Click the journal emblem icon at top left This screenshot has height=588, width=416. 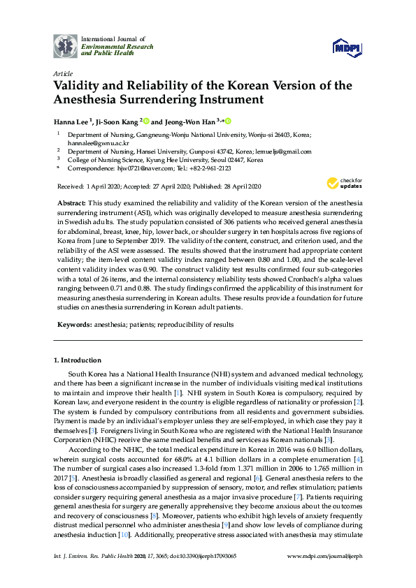(x=66, y=45)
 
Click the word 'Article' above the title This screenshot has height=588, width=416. (x=62, y=73)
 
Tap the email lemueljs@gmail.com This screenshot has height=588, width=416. (x=285, y=151)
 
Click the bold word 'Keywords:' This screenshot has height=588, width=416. (x=73, y=325)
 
